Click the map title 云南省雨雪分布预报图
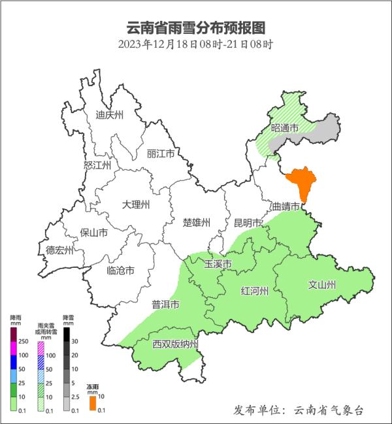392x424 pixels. point(196,28)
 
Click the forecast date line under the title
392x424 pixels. point(196,45)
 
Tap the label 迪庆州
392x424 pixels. point(109,115)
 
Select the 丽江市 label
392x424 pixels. point(161,154)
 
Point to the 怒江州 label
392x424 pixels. point(98,165)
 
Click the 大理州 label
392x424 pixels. point(136,204)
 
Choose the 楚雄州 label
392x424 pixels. point(196,223)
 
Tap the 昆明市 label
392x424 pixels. point(248,223)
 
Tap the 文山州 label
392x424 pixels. point(321,285)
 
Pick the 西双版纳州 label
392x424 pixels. point(174,344)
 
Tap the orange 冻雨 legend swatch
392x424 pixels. point(93,403)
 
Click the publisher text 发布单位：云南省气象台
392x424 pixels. point(297,410)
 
